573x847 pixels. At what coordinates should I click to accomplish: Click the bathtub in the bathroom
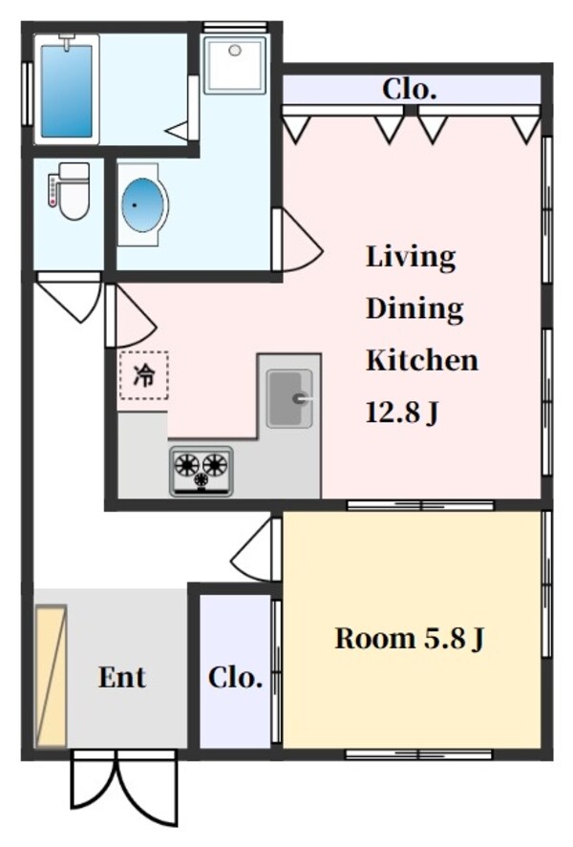click(x=66, y=88)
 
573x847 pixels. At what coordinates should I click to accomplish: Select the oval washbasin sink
click(x=144, y=203)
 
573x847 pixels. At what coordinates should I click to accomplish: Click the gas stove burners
click(x=202, y=471)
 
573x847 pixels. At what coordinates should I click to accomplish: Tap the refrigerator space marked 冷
click(x=143, y=375)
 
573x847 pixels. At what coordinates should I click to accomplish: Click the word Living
click(x=411, y=257)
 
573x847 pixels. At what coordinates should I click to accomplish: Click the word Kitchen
click(x=422, y=361)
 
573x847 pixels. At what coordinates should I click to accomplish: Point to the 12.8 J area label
click(x=401, y=413)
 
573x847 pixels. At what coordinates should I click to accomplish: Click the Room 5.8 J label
click(x=409, y=638)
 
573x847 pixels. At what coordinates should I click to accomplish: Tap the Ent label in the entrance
click(x=122, y=677)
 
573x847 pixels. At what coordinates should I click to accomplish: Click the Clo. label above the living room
click(x=410, y=91)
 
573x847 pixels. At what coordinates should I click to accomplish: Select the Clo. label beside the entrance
click(x=235, y=677)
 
